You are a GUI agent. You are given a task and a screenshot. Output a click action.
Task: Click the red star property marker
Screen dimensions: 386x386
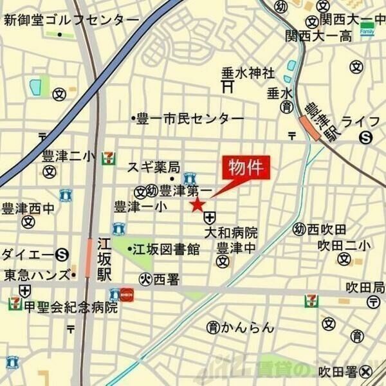tap(197, 205)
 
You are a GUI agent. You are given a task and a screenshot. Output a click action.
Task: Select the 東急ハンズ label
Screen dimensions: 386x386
tap(36, 275)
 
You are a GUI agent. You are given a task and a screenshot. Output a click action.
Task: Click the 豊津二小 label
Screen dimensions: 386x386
tap(68, 156)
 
